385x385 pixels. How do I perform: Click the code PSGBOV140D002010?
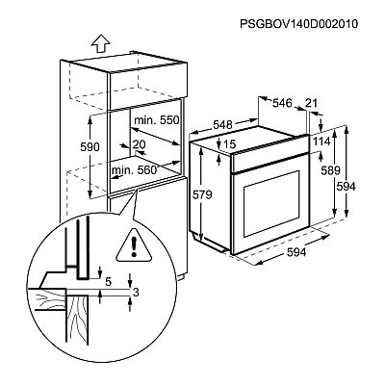pyautogui.click(x=298, y=24)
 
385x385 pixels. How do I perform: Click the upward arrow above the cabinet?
pyautogui.click(x=100, y=43)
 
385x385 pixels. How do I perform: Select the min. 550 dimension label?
pyautogui.click(x=156, y=120)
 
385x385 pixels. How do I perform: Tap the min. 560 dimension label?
pyautogui.click(x=134, y=170)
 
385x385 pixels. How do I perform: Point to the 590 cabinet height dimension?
pyautogui.click(x=90, y=147)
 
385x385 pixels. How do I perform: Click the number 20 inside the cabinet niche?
pyautogui.click(x=139, y=144)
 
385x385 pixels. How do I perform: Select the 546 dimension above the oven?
pyautogui.click(x=282, y=103)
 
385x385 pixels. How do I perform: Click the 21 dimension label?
pyautogui.click(x=311, y=103)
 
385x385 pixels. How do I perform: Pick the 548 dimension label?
pyautogui.click(x=222, y=124)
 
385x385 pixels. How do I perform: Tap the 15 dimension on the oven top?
pyautogui.click(x=229, y=144)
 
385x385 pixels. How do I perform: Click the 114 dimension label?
pyautogui.click(x=321, y=141)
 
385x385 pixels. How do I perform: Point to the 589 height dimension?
pyautogui.click(x=330, y=170)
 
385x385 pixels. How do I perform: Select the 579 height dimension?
pyautogui.click(x=202, y=194)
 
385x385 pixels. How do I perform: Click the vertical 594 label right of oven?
pyautogui.click(x=346, y=187)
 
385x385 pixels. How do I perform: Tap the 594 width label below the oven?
pyautogui.click(x=296, y=252)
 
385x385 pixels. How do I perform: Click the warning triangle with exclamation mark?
pyautogui.click(x=135, y=244)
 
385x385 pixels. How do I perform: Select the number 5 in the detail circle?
pyautogui.click(x=108, y=282)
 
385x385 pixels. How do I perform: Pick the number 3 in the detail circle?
pyautogui.click(x=136, y=293)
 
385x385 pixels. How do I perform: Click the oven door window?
pyautogui.click(x=271, y=204)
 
